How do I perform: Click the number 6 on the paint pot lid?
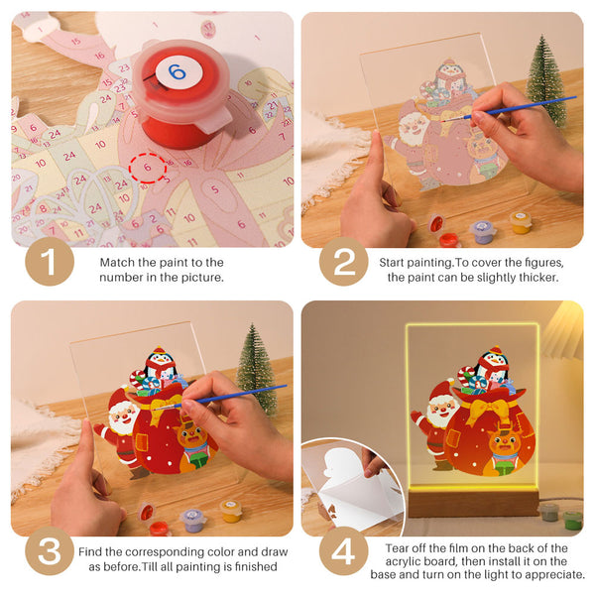pyautogui.click(x=177, y=71)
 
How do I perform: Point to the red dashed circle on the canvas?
pyautogui.click(x=148, y=169)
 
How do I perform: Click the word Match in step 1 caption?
pyautogui.click(x=120, y=262)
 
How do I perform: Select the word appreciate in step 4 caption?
pyautogui.click(x=550, y=575)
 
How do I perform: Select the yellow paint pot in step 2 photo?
pyautogui.click(x=521, y=221)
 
